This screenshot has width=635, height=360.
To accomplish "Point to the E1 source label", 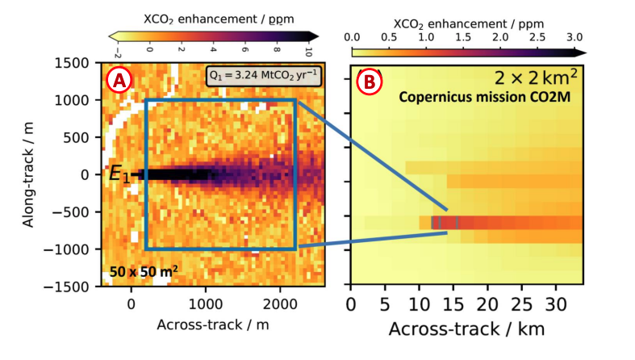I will tap(119, 174).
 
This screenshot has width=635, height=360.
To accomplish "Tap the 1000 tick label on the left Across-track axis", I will tap(205, 305).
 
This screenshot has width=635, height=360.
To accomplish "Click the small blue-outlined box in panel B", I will tap(445, 222).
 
